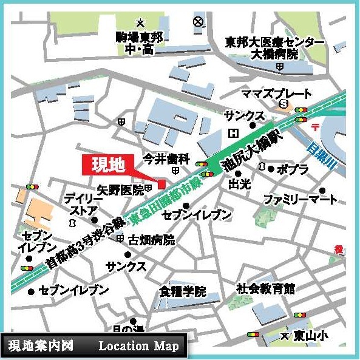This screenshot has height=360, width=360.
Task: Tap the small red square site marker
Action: [161, 184]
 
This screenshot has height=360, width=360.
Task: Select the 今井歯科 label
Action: [166, 159]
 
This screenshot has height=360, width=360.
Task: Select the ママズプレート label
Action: [276, 94]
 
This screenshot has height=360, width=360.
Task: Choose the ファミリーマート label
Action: [300, 199]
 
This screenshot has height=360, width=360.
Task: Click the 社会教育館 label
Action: [265, 288]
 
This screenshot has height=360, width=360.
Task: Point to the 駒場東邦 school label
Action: [140, 37]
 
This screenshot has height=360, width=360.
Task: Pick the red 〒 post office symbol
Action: [315, 125]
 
